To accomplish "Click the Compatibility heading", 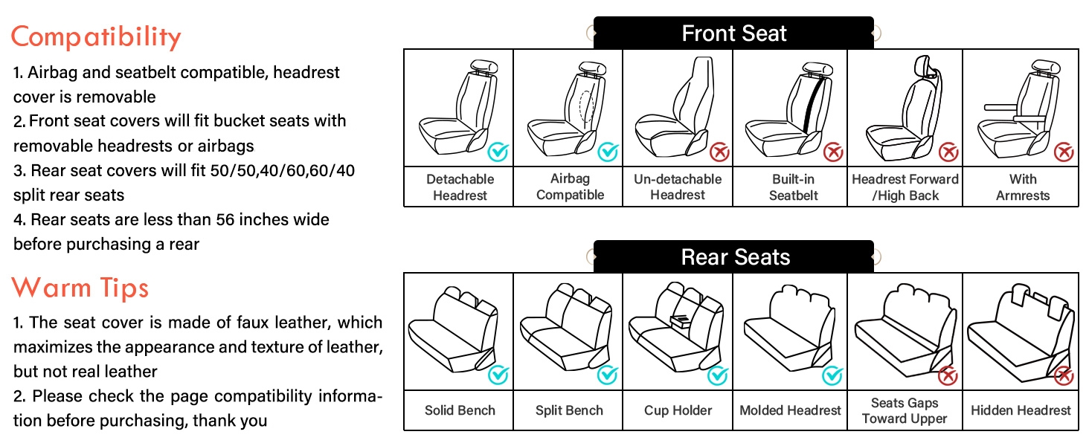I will (x=96, y=36).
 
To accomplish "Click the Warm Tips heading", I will (x=80, y=288).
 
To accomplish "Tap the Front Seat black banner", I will (x=733, y=33).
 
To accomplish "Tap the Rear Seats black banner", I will (x=733, y=257).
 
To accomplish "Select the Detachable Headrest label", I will (x=460, y=187).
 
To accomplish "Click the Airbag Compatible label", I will (x=570, y=187).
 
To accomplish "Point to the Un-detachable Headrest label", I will (x=678, y=187).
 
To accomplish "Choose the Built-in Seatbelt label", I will (x=793, y=187).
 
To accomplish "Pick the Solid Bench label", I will (x=460, y=410).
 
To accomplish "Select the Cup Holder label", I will (x=678, y=410).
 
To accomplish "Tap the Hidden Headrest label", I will (x=1021, y=410).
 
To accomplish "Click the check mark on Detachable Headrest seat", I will (x=498, y=153).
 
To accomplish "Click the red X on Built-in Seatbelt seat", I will (x=832, y=153).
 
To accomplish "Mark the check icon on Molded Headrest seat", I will (x=832, y=376).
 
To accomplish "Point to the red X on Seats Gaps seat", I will (x=948, y=376).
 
